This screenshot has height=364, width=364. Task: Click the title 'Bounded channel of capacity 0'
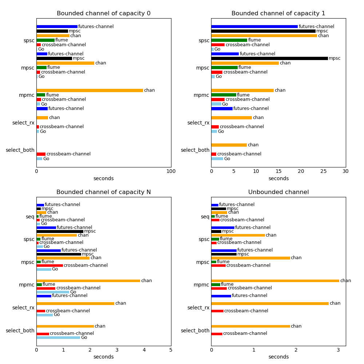click(103, 13)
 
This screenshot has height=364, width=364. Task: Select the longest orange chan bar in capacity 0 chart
click(90, 90)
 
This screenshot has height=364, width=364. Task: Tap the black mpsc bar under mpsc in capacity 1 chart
click(269, 58)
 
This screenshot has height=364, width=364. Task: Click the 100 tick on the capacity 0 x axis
click(171, 171)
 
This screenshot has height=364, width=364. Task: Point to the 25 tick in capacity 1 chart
click(323, 171)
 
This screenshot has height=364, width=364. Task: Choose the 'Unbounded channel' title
click(278, 192)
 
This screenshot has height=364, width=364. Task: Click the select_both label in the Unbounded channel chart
click(195, 331)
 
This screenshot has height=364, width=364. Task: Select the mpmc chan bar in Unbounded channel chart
click(275, 281)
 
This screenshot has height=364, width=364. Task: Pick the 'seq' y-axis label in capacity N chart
click(30, 217)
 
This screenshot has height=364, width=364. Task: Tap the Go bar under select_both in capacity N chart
click(58, 337)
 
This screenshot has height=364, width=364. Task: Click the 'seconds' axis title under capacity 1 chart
click(278, 179)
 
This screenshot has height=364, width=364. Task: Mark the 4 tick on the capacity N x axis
click(144, 350)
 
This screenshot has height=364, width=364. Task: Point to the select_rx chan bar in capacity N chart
click(75, 303)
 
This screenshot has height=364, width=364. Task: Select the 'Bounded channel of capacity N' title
click(103, 192)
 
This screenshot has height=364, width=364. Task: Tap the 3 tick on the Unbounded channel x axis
click(338, 350)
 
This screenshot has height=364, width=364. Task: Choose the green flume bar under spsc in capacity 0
click(45, 40)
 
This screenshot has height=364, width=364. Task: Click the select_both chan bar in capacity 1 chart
click(229, 145)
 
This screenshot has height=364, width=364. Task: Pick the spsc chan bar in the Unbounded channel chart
click(238, 235)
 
